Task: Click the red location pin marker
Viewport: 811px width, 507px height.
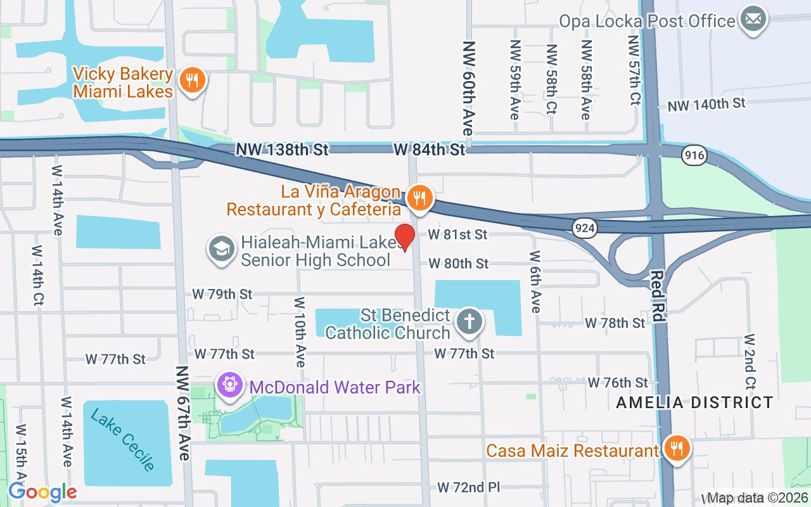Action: (x=405, y=237)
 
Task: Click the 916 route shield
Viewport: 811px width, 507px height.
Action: (x=694, y=155)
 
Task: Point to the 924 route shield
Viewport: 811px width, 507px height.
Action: (x=584, y=228)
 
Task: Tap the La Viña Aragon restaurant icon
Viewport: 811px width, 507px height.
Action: (x=419, y=198)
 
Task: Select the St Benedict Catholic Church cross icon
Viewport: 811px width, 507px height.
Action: (x=469, y=321)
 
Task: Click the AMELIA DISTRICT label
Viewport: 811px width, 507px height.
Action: (x=694, y=402)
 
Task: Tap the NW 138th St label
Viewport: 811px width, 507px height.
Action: (x=283, y=150)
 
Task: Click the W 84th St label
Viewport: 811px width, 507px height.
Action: (x=429, y=150)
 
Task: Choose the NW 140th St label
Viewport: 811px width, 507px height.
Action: (x=706, y=104)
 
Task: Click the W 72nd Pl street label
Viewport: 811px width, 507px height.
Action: (x=469, y=487)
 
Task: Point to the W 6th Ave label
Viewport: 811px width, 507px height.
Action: (x=535, y=281)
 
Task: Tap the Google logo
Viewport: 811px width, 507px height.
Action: (x=42, y=492)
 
